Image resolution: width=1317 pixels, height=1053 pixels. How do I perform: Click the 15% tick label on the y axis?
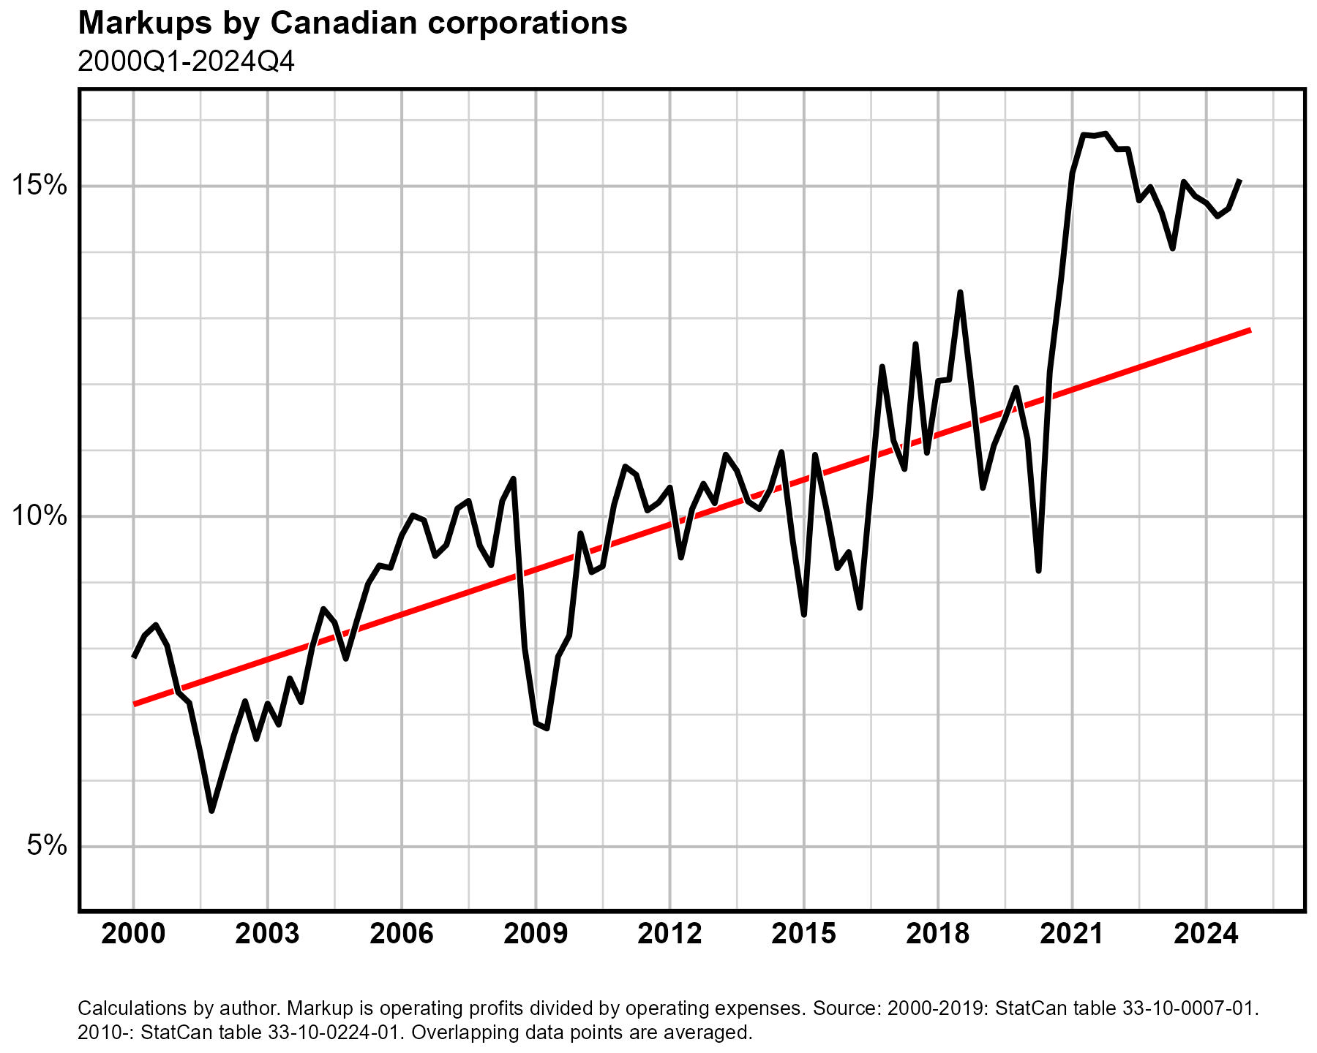tap(40, 186)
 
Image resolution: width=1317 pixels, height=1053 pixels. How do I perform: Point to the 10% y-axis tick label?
tap(40, 516)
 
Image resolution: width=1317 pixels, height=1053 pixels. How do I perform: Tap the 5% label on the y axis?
tap(48, 846)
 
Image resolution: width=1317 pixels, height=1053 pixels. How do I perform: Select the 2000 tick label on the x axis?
tap(133, 935)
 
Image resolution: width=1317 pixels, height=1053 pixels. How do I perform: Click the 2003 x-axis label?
tap(267, 935)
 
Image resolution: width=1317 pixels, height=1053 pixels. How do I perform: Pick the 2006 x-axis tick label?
tap(402, 935)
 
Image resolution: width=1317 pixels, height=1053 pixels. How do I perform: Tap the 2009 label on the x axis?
tap(536, 935)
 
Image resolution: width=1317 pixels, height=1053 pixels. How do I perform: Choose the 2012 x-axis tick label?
tap(669, 935)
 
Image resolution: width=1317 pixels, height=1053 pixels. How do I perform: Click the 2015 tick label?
tap(804, 935)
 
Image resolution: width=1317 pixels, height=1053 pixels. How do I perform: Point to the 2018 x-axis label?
tap(938, 935)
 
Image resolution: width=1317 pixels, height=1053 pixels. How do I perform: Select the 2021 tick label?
tap(1072, 935)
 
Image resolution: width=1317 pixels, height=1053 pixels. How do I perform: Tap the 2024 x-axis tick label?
tap(1206, 935)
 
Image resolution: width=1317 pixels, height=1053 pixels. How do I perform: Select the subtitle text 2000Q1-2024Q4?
tap(186, 62)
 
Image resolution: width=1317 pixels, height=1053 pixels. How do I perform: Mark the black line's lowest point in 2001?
tap(211, 810)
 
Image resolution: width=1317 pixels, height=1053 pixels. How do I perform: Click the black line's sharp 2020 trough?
tap(1039, 570)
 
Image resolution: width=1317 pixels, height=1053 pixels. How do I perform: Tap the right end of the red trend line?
tap(1250, 331)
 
